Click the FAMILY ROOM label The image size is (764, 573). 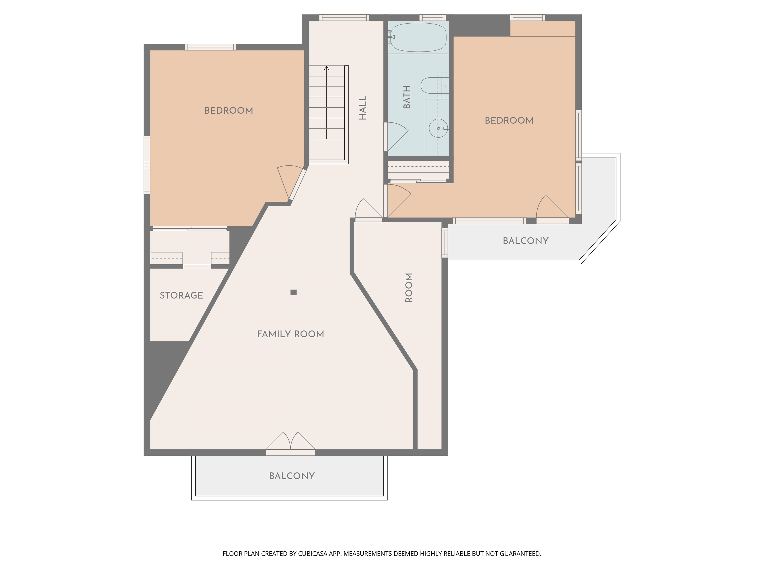click(290, 334)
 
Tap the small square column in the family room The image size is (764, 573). click(293, 292)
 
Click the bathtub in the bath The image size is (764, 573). click(418, 37)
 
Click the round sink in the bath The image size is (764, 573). click(438, 128)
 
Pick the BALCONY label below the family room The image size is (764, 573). click(292, 476)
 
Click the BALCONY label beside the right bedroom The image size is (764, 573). click(525, 241)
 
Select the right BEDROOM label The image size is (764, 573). click(509, 121)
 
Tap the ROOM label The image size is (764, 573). click(409, 288)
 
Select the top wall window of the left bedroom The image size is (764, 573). click(210, 47)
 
